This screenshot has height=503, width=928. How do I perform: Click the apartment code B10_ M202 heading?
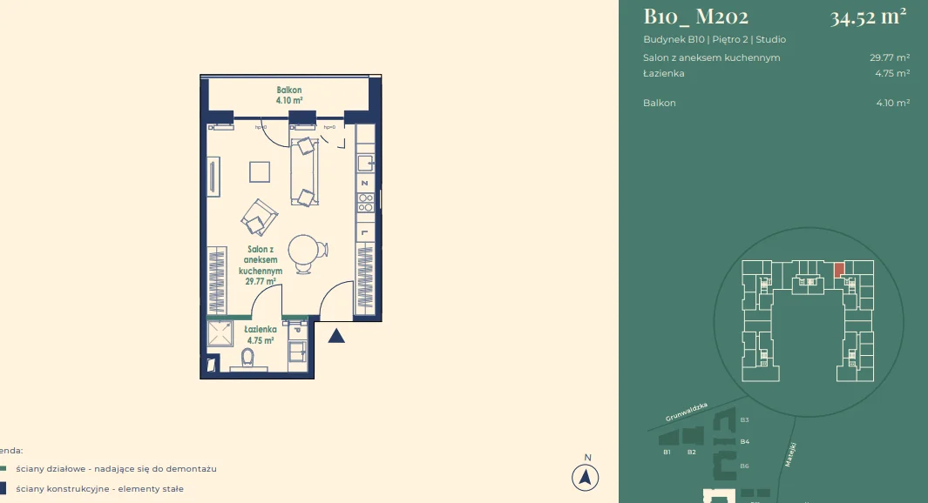click(x=695, y=17)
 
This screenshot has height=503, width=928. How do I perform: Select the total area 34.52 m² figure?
click(x=868, y=17)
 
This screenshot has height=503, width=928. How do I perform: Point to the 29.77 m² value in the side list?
click(x=890, y=58)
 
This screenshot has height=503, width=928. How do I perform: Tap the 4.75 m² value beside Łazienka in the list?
click(x=892, y=74)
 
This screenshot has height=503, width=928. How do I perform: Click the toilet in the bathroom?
click(x=247, y=359)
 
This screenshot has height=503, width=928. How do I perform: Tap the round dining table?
click(x=304, y=251)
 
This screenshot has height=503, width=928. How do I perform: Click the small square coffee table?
click(x=260, y=171)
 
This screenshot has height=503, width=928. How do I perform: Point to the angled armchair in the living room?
click(x=259, y=217)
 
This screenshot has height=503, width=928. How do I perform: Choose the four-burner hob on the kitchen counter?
click(x=366, y=202)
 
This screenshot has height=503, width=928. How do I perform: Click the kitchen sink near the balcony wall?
click(x=366, y=164)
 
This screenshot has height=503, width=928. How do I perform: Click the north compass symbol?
click(x=586, y=476)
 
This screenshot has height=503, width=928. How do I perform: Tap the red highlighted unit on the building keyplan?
click(x=838, y=270)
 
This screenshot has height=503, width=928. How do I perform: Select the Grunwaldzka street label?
click(x=688, y=412)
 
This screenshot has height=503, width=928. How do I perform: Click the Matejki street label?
click(x=791, y=454)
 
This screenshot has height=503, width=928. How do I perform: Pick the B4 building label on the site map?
click(x=744, y=442)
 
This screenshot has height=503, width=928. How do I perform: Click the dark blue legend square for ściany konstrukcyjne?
click(x=3, y=488)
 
